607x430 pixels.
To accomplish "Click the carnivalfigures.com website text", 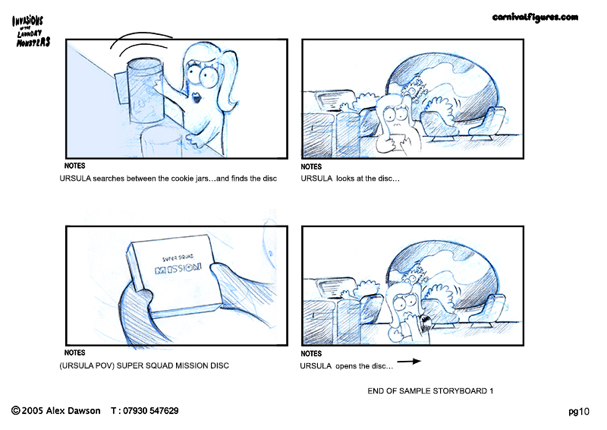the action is pyautogui.click(x=535, y=17).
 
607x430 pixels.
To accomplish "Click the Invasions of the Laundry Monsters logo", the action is pyautogui.click(x=30, y=31).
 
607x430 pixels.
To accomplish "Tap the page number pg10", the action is pyautogui.click(x=579, y=412).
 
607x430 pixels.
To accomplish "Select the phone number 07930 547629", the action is pyautogui.click(x=150, y=410).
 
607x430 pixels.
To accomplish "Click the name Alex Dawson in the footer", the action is pyautogui.click(x=73, y=410).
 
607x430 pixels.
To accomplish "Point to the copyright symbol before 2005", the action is pyautogui.click(x=16, y=410).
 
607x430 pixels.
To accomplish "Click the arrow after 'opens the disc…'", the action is pyautogui.click(x=409, y=362).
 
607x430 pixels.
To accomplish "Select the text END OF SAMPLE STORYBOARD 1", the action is pyautogui.click(x=430, y=390).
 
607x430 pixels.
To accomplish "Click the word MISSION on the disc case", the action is pyautogui.click(x=178, y=268).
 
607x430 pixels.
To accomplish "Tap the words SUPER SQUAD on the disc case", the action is pyautogui.click(x=178, y=258).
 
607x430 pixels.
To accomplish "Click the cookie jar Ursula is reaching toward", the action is pyautogui.click(x=144, y=90).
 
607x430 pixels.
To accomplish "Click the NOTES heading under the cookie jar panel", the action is pyautogui.click(x=74, y=166).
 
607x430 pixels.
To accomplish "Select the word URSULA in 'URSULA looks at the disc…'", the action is pyautogui.click(x=316, y=179).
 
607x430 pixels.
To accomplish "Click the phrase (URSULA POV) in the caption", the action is pyautogui.click(x=86, y=365).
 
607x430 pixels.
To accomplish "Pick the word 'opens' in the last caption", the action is pyautogui.click(x=346, y=366).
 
